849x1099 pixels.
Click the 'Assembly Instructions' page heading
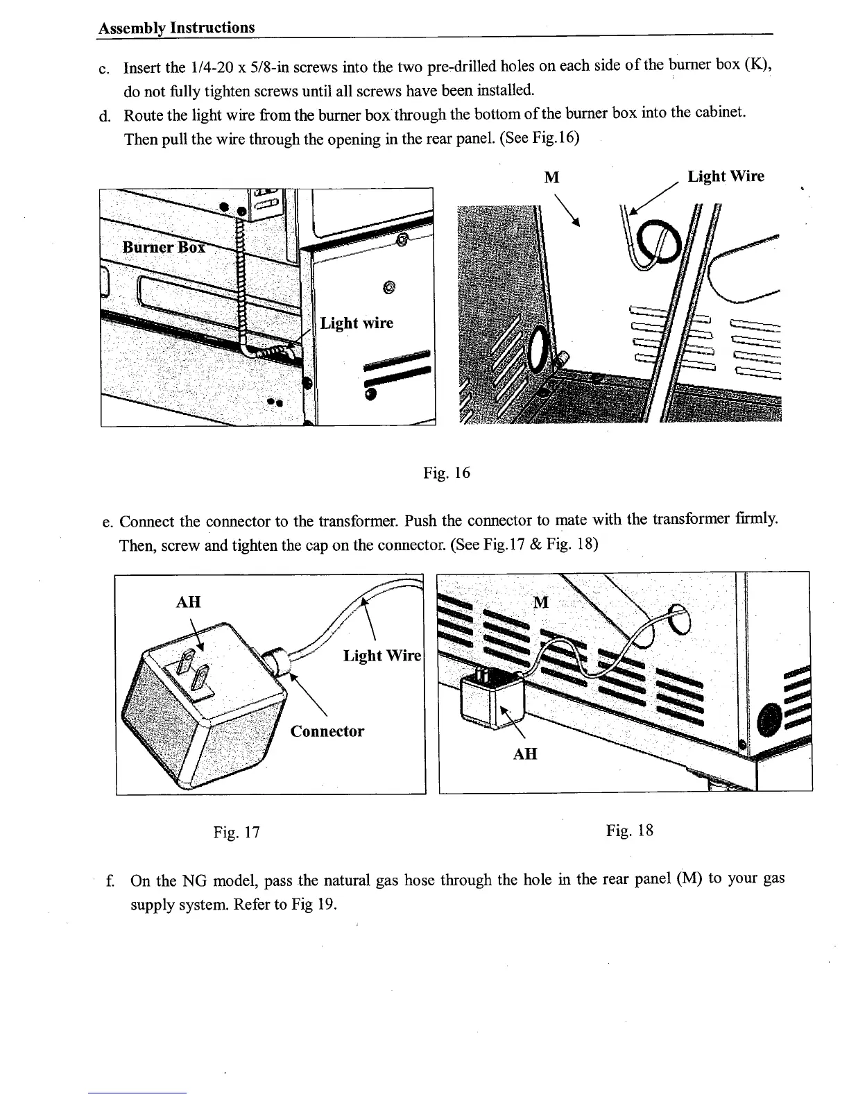pos(176,28)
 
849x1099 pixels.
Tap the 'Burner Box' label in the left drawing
pos(163,247)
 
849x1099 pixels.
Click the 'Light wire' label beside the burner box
pos(357,323)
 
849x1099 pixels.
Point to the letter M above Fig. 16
pos(551,178)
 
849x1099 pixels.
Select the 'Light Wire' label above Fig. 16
pos(726,176)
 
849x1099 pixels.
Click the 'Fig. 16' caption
pos(447,473)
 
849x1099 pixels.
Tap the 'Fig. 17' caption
pos(237,831)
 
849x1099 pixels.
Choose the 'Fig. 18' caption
pos(630,830)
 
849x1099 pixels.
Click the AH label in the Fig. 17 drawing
pos(188,602)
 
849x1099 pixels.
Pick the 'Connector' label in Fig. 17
pos(327,731)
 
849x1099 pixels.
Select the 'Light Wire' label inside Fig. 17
pos(382,656)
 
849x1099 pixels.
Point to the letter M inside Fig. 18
pos(541,602)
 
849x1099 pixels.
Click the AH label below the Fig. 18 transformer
pos(525,753)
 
